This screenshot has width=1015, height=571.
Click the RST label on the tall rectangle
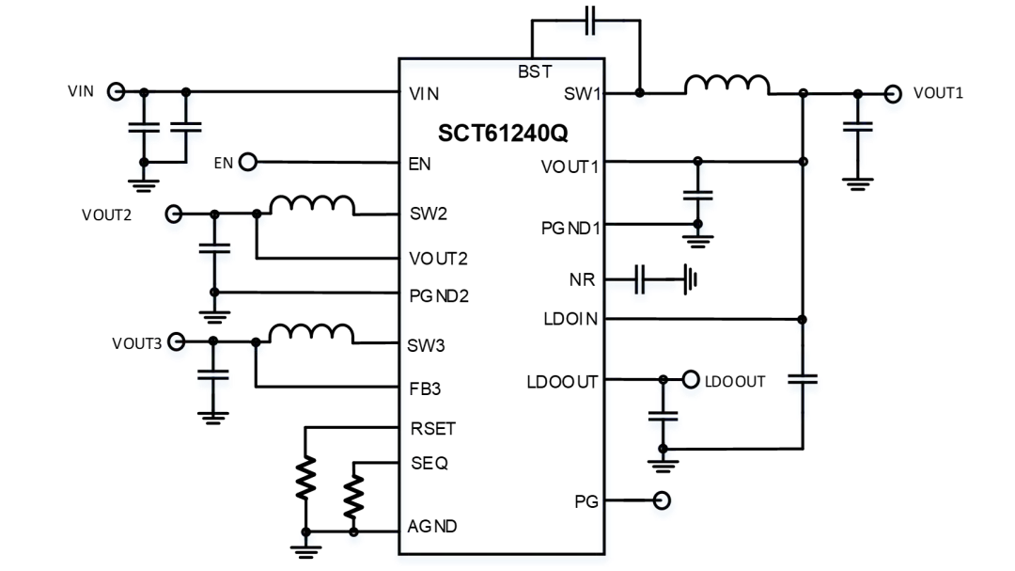click(x=534, y=71)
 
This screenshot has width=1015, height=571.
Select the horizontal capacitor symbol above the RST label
click(x=590, y=26)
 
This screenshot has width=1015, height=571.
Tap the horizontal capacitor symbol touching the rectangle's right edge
click(x=641, y=284)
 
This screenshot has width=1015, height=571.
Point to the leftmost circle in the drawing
click(x=117, y=94)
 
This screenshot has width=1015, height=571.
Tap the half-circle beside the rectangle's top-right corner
click(x=640, y=98)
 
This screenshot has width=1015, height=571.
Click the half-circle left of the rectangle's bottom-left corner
click(x=354, y=538)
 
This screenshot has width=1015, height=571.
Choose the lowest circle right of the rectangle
click(x=663, y=503)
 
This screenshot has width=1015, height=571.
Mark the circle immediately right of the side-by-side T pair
click(x=248, y=166)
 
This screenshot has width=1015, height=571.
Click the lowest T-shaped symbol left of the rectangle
click(x=214, y=381)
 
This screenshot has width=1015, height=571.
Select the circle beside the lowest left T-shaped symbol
click(x=177, y=344)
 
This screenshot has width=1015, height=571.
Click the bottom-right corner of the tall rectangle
click(x=604, y=559)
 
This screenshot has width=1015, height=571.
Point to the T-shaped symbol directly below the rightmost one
click(x=804, y=386)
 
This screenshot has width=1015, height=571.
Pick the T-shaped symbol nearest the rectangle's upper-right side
click(x=698, y=202)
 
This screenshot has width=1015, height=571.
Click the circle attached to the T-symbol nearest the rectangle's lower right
click(x=691, y=382)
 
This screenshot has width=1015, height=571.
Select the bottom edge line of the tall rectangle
click(x=503, y=560)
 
